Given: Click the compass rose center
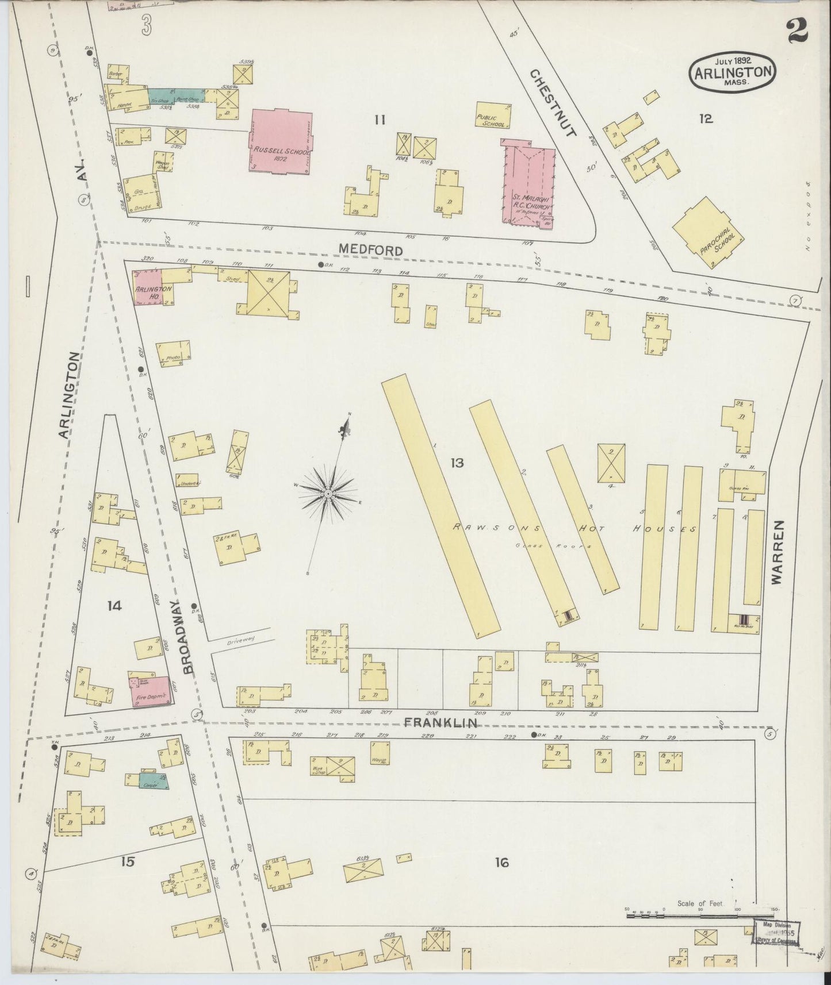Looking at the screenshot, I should pos(327,494).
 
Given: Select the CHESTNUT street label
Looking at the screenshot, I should pos(552,103).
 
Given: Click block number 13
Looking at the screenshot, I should pos(457,462).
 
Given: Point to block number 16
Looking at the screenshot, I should pos(502,862).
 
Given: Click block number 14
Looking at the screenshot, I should pos(114,605).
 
